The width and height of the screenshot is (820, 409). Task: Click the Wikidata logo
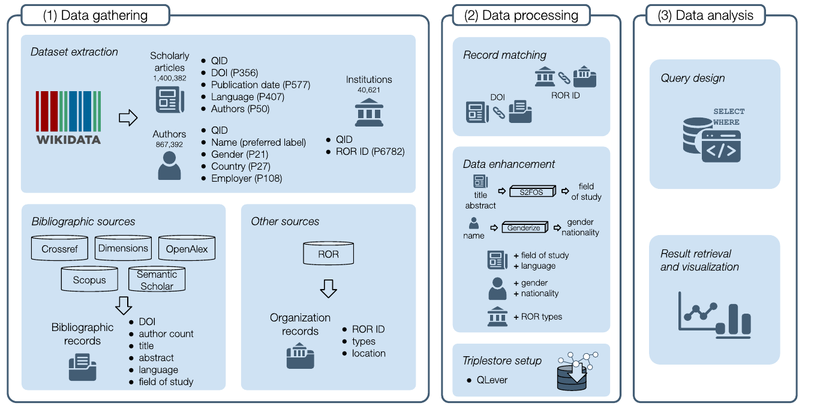[x=68, y=118]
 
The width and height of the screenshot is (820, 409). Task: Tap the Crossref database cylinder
[x=59, y=248]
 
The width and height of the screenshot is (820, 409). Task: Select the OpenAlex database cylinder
[x=187, y=248]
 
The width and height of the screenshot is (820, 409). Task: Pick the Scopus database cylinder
[x=89, y=279]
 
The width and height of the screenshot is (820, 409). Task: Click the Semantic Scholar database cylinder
[x=157, y=280]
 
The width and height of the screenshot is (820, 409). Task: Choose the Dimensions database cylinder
[x=124, y=248]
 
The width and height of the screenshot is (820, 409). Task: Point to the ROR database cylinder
[x=328, y=254]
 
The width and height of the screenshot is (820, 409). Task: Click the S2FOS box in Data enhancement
[x=533, y=191]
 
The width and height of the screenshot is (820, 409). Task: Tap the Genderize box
[x=524, y=227]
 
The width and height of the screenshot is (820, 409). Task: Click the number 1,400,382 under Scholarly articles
[x=170, y=78]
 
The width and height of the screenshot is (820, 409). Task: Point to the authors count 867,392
[x=169, y=145]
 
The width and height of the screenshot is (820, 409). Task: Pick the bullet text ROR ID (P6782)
[x=370, y=152]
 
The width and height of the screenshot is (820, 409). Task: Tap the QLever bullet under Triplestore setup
[x=492, y=380]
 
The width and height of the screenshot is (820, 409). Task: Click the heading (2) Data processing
[x=521, y=16]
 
